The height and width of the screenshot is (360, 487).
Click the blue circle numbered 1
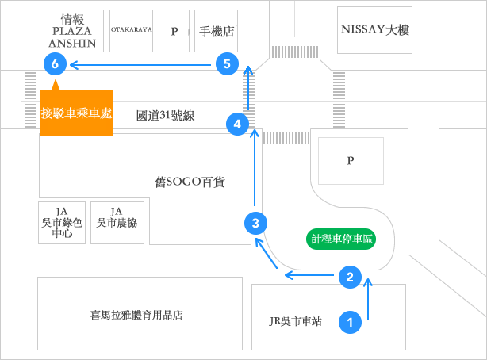coord(350,321)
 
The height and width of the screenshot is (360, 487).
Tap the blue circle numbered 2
coord(350,276)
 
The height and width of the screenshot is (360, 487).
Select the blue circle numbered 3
coord(255,223)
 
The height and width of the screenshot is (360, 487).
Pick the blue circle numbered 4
coord(237,123)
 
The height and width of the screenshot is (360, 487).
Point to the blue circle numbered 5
coord(228,63)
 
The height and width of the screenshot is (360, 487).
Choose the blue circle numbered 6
coord(55,63)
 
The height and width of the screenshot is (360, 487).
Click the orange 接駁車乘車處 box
coord(75,113)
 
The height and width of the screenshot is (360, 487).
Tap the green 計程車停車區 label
coord(342,238)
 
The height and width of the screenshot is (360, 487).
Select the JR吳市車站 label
coord(295,321)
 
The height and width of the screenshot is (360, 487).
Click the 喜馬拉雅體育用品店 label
coord(136,315)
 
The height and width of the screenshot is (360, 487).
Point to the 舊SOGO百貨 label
coord(190,182)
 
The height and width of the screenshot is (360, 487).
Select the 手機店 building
coord(216,32)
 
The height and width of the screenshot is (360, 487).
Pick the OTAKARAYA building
coord(131,31)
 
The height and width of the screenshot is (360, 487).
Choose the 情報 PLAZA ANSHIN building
coord(71,31)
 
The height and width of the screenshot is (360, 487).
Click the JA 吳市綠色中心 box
coord(61,222)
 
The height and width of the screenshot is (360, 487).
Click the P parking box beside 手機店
coord(174,32)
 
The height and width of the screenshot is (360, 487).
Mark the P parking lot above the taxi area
coord(350,161)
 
